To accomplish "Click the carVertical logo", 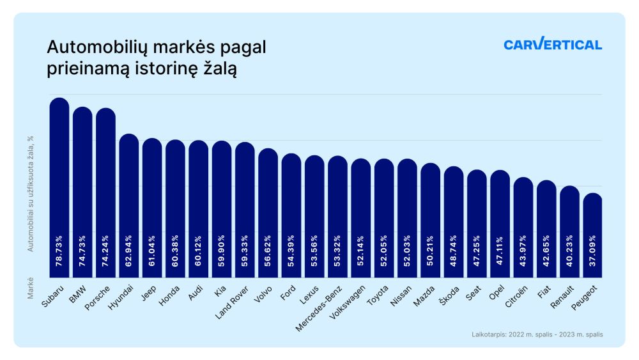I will pyautogui.click(x=552, y=44).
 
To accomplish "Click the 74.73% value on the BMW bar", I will pyautogui.click(x=82, y=252).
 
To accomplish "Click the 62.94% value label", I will pyautogui.click(x=129, y=252).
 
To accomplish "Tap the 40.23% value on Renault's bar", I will pyautogui.click(x=570, y=252).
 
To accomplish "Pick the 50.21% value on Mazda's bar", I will pyautogui.click(x=431, y=252).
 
